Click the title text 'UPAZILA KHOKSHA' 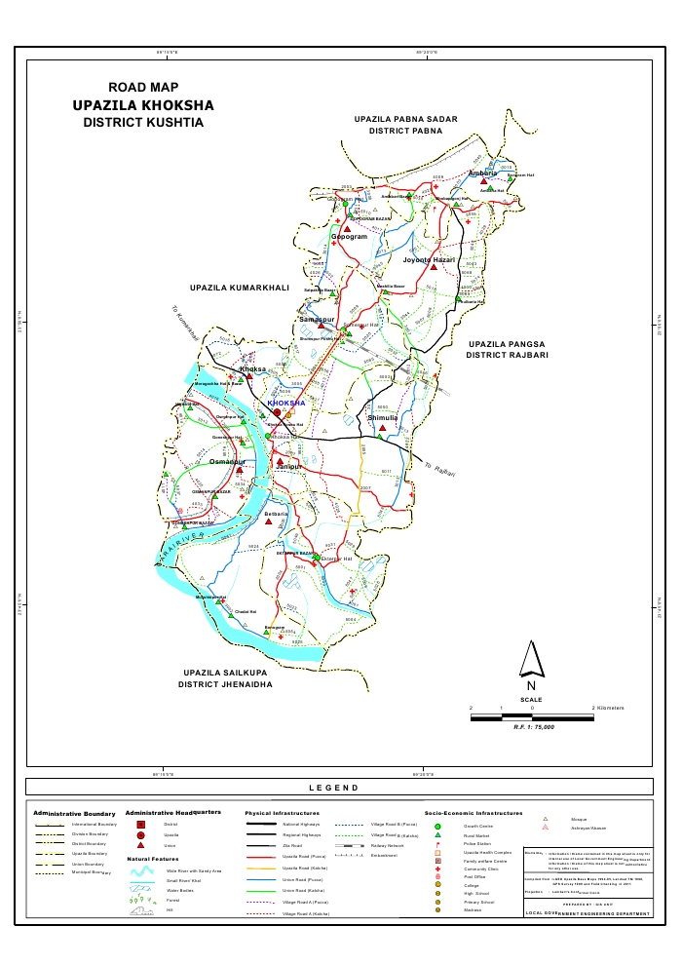(x=143, y=105)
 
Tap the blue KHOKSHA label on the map (x=286, y=403)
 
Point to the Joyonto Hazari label (x=429, y=260)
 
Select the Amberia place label (x=482, y=174)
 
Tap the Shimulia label (x=383, y=417)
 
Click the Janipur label (x=290, y=469)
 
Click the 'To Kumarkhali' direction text (x=184, y=325)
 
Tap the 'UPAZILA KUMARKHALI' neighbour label (x=240, y=289)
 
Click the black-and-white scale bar (x=531, y=716)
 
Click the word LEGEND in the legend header (x=333, y=788)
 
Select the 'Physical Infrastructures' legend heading (x=282, y=812)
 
